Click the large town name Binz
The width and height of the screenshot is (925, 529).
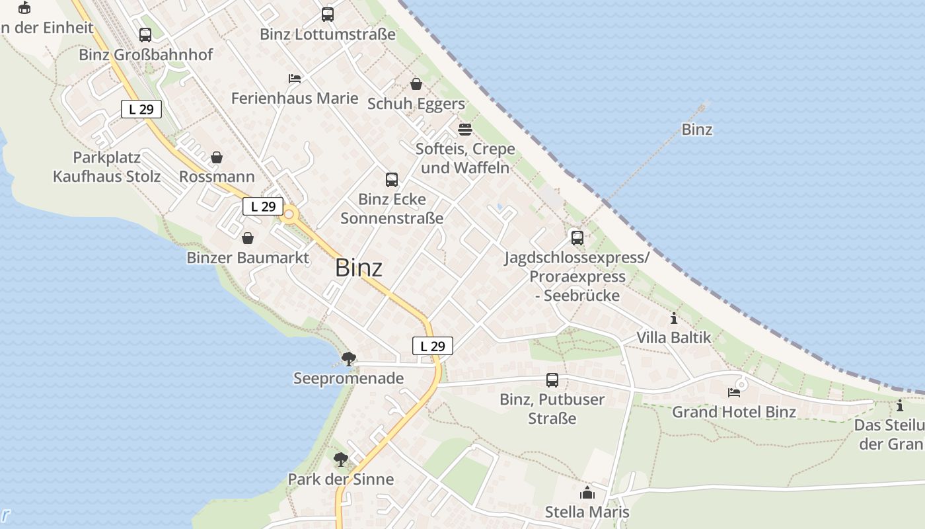359,268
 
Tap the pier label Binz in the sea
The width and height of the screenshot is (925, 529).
697,130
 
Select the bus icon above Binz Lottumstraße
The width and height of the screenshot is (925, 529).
328,14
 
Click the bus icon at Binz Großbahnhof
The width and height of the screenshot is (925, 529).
145,35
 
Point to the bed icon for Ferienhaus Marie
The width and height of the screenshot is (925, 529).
295,79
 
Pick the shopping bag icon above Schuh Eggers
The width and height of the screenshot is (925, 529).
416,84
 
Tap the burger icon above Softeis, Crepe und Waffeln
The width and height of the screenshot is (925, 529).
465,128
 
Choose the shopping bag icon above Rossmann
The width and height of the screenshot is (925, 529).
217,157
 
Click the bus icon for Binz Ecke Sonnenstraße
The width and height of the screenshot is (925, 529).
392,179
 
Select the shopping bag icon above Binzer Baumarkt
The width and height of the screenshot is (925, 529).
248,238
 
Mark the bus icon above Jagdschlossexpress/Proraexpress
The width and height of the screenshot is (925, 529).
577,237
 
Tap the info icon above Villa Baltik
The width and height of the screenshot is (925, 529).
674,318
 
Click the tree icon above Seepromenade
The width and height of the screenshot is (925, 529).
348,359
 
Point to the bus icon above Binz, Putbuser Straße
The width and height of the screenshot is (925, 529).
552,380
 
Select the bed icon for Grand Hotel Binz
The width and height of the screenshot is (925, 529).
734,393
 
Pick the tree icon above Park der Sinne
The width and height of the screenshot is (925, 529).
341,459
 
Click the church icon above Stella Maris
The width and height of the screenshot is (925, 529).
587,493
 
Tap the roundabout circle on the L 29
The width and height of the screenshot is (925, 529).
289,214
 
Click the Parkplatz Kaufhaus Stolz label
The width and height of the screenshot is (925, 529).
107,167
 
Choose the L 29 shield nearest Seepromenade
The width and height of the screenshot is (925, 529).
433,346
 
